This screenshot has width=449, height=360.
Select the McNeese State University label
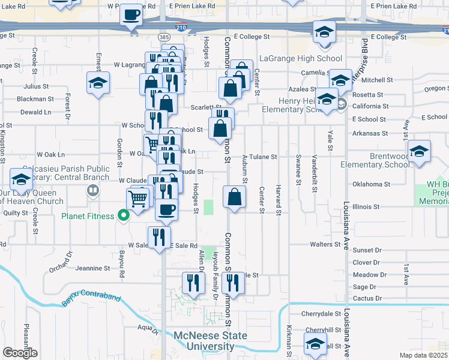point(210,341)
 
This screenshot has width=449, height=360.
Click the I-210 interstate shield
point(181,27)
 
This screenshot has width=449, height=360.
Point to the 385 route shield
point(164,37)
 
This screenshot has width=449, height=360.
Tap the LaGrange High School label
point(300,59)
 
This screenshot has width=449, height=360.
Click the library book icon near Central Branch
point(92,191)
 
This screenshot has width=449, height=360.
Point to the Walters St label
point(325,244)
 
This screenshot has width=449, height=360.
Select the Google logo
point(20,353)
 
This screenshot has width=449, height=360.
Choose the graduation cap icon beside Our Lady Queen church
point(21,179)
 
